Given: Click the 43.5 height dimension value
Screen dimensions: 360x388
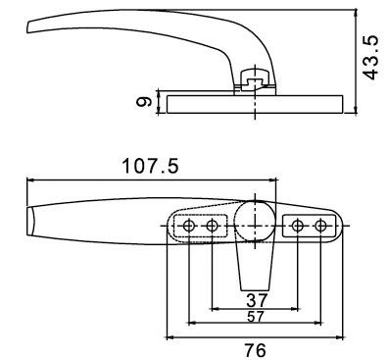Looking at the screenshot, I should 370,61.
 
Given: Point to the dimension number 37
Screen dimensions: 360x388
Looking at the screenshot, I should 257,299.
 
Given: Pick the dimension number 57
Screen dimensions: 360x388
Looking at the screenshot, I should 256,317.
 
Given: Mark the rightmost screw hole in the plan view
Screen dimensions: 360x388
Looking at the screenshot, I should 320,227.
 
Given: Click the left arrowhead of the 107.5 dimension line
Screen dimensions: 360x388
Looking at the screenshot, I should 28,180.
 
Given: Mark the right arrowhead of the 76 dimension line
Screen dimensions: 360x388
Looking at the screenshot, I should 342,334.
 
